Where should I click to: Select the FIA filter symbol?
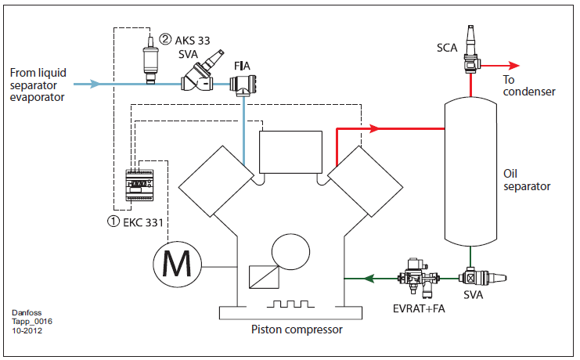click(246, 84)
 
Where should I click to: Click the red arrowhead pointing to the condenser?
click(514, 66)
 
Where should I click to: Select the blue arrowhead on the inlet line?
click(95, 83)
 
